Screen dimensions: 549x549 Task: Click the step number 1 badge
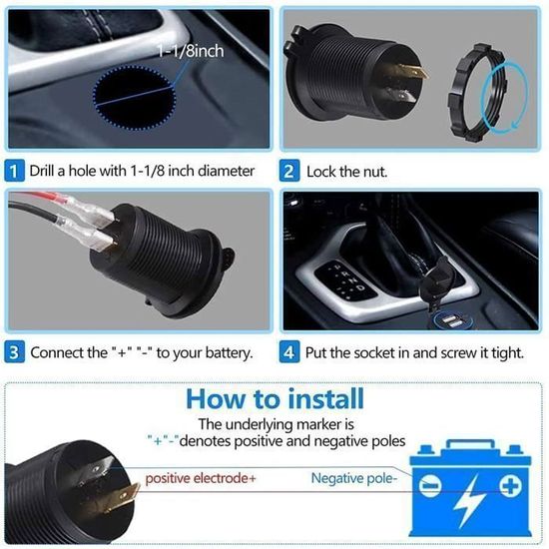click(x=14, y=171)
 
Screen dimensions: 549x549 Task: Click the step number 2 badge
click(x=289, y=171)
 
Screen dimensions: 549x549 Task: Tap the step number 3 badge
click(x=14, y=352)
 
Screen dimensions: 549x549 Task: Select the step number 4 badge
click(x=289, y=352)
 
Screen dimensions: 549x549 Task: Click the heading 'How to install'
click(x=274, y=400)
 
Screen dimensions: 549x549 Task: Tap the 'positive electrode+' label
click(x=201, y=479)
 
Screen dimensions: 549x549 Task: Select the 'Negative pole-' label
click(x=353, y=479)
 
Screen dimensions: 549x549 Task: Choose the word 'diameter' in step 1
click(x=223, y=172)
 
